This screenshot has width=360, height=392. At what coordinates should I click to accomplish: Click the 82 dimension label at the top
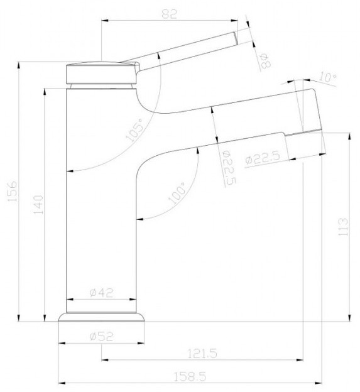pos(169,14)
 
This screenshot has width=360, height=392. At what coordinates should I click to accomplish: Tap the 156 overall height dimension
pos(12,191)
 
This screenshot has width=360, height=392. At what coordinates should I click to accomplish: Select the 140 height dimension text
pos(38,205)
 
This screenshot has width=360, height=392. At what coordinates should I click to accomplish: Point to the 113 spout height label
pos(342,227)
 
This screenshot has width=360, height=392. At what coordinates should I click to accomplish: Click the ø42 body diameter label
pos(101,293)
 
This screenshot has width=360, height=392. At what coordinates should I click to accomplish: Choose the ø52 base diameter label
pos(101,337)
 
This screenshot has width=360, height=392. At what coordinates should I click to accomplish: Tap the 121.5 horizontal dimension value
pos(202,354)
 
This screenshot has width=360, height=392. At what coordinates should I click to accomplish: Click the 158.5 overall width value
pos(190,377)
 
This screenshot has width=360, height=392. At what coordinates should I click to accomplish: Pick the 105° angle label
pos(135,130)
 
